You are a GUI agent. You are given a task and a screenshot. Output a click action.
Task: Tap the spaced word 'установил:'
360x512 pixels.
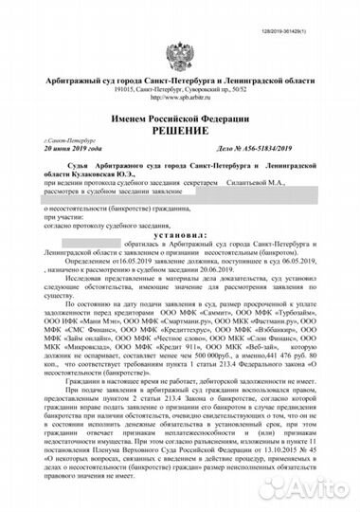[180, 230]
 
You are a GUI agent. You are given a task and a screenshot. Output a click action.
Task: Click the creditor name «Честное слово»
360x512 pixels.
[195, 351]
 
